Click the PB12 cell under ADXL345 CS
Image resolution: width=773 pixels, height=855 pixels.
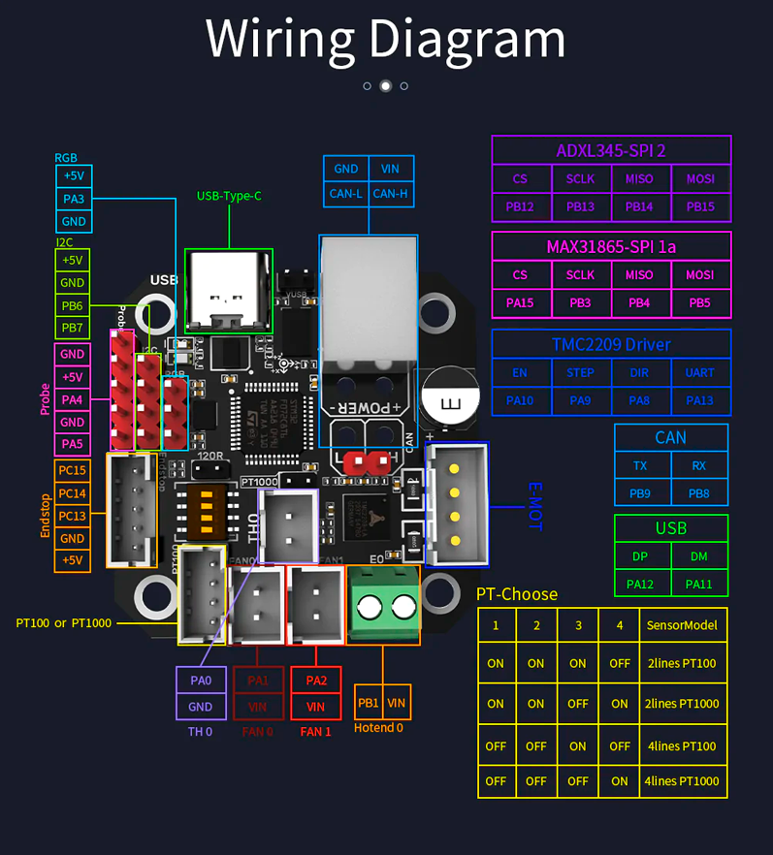[520, 206]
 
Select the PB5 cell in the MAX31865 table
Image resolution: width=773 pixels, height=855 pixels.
[699, 302]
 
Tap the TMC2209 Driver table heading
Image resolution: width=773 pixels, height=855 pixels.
[611, 344]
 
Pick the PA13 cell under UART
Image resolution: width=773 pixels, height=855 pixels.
[699, 399]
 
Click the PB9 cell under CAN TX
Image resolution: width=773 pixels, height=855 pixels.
[640, 494]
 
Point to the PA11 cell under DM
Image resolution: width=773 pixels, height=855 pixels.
[699, 584]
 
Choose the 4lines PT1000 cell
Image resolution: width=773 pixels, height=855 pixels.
[682, 780]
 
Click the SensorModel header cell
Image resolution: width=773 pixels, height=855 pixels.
[682, 625]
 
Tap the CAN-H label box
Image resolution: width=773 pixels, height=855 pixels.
[391, 193]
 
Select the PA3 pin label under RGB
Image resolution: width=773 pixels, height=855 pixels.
[74, 199]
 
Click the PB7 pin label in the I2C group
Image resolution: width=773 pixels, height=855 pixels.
[73, 328]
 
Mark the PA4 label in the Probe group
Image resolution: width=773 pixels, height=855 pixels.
[73, 399]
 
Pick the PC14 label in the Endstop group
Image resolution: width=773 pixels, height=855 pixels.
[73, 493]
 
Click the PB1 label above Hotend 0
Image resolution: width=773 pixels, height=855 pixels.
[369, 703]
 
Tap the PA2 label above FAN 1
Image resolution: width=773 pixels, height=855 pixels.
[315, 681]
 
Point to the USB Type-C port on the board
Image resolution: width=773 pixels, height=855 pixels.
[229, 290]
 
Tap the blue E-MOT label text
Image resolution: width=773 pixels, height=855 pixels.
[534, 506]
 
